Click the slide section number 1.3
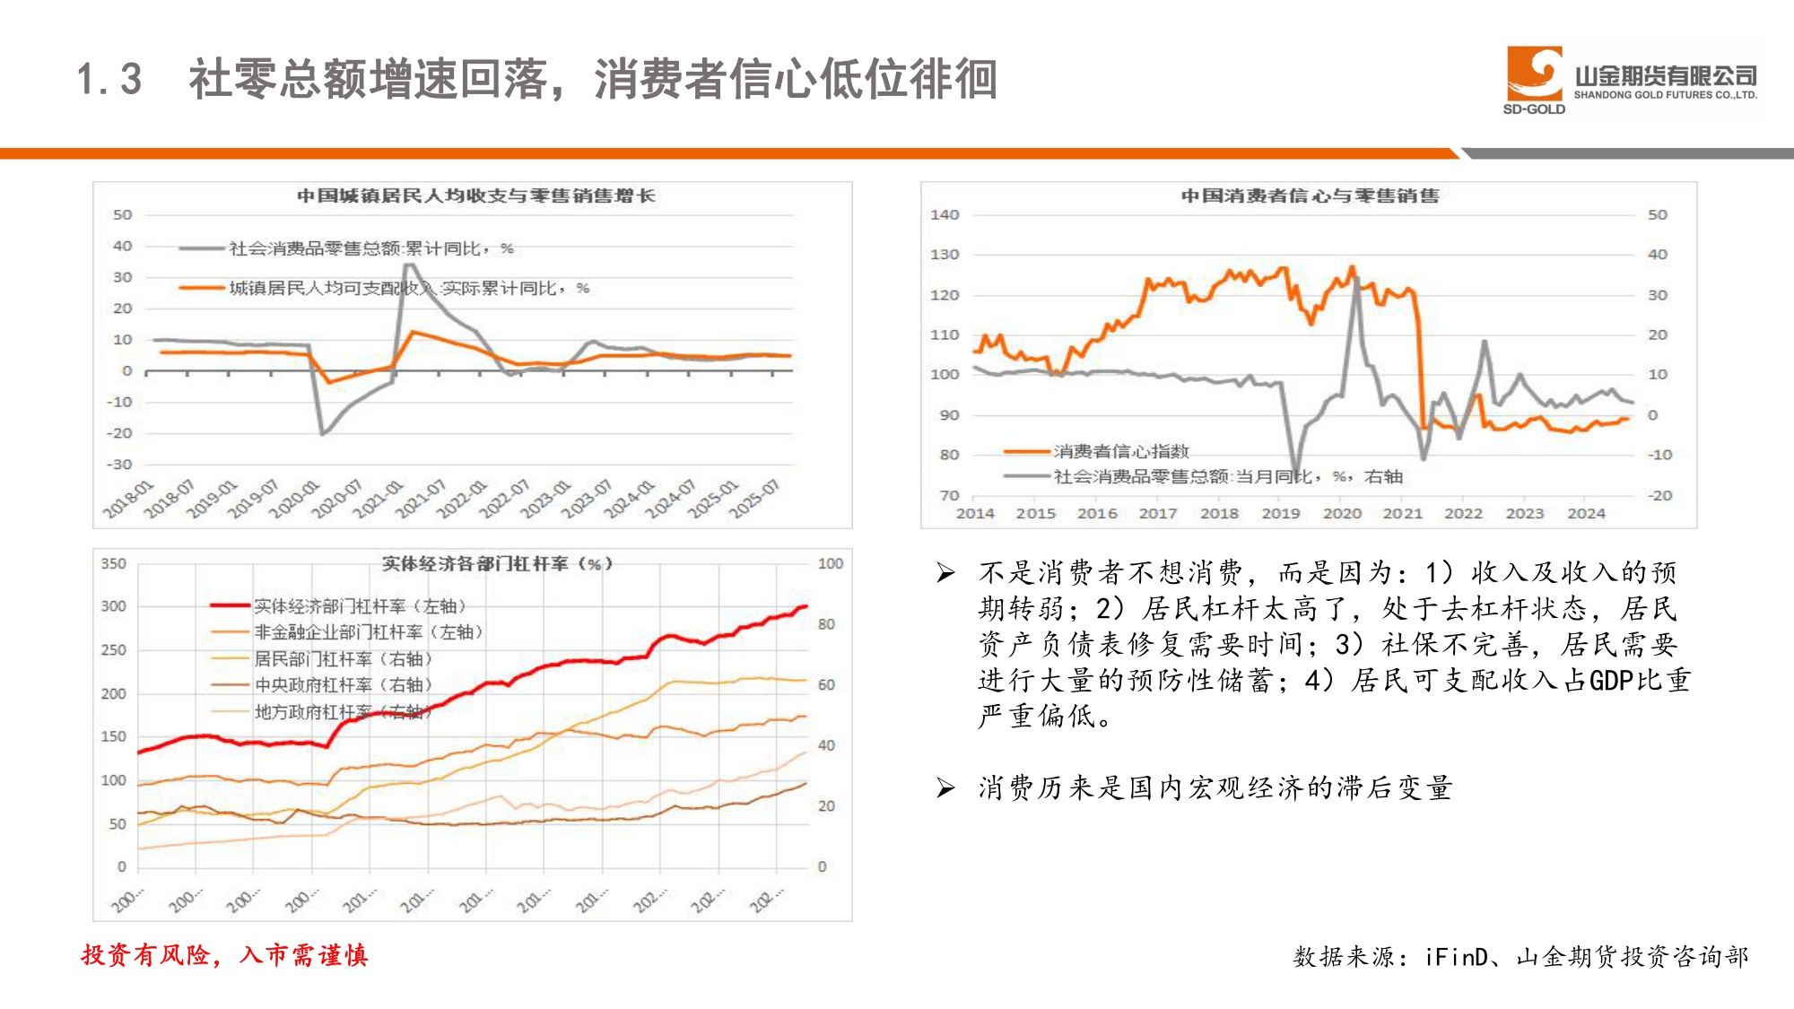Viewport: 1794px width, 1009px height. tap(109, 79)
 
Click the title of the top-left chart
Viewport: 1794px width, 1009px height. tap(475, 196)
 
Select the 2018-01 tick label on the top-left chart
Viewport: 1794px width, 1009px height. tap(127, 499)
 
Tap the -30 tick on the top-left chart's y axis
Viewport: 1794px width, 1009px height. tap(119, 465)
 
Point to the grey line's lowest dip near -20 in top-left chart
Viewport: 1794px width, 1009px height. tap(323, 434)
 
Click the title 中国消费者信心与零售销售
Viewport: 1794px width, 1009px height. tap(1309, 196)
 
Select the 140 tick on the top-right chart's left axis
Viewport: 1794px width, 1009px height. tap(945, 214)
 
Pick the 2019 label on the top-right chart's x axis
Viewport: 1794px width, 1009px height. tap(1280, 513)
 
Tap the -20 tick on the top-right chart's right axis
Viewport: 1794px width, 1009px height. tap(1659, 495)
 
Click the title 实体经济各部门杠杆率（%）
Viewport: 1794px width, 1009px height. tap(497, 563)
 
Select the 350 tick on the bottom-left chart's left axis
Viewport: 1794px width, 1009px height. tap(114, 563)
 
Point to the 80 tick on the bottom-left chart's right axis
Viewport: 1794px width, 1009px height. tap(826, 624)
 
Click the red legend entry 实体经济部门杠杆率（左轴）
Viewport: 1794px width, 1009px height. tap(359, 606)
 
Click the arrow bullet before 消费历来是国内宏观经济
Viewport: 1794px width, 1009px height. tap(945, 787)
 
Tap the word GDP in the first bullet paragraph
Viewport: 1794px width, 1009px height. tap(1610, 681)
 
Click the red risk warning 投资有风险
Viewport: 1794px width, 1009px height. tap(148, 955)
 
